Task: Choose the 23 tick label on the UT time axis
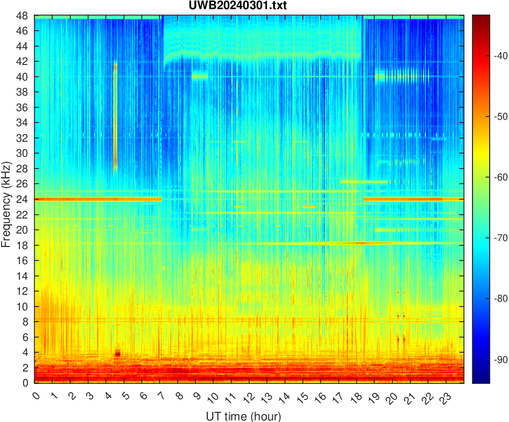click(x=444, y=397)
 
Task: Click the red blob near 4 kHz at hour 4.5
click(x=118, y=353)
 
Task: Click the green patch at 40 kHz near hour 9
click(x=200, y=76)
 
